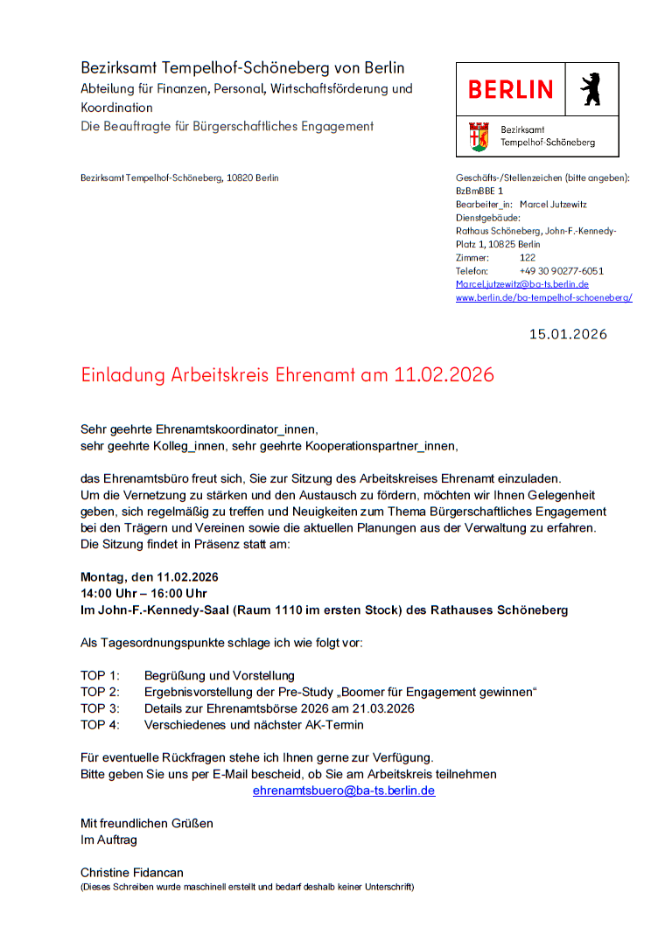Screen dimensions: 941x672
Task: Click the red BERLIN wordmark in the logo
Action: tap(510, 89)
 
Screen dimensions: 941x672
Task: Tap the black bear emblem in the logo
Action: tap(591, 89)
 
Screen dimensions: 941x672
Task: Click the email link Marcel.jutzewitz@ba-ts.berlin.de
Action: tap(521, 284)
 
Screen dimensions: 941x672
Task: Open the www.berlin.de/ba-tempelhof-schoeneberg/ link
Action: tap(543, 297)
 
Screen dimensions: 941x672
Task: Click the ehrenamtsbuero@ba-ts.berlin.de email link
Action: tap(344, 791)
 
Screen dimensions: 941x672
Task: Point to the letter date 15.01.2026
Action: tap(568, 334)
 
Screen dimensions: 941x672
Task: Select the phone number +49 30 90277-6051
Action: tap(561, 271)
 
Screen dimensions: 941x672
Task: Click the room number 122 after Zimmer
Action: tap(528, 258)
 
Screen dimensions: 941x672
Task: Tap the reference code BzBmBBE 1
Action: tap(479, 191)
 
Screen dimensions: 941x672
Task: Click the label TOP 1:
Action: tap(100, 676)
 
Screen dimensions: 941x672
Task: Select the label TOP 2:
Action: tap(100, 692)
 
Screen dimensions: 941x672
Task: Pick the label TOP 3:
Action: tap(100, 708)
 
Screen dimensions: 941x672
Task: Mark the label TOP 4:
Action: tap(100, 725)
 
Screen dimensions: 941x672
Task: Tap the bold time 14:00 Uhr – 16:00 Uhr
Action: tap(143, 594)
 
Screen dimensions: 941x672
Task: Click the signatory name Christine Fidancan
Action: tap(132, 873)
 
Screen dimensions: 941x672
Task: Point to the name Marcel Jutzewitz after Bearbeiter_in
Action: tap(553, 204)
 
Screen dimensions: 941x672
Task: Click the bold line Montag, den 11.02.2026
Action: tap(150, 577)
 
